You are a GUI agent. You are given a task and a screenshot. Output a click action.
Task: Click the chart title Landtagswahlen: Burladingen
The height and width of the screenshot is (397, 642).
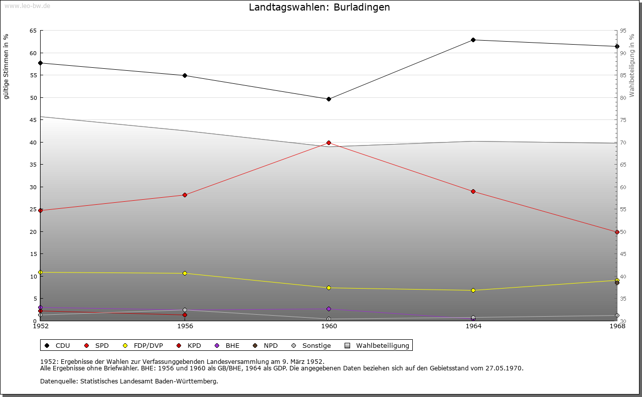pyautogui.click(x=319, y=8)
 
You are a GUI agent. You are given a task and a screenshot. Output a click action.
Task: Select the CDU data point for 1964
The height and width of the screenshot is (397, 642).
pyautogui.click(x=473, y=40)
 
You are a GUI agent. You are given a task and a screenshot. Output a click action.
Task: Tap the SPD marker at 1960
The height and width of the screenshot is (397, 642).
pyautogui.click(x=329, y=143)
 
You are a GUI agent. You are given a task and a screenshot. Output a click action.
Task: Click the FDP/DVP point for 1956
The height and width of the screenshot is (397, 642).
pyautogui.click(x=185, y=274)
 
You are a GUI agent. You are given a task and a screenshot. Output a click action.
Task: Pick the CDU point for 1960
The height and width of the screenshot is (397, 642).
pyautogui.click(x=329, y=99)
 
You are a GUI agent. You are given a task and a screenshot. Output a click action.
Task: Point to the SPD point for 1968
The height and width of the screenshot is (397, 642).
pyautogui.click(x=617, y=232)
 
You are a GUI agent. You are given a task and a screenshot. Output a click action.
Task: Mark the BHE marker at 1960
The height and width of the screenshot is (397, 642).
pyautogui.click(x=329, y=309)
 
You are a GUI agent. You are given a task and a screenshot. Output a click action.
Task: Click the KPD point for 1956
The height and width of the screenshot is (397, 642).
pyautogui.click(x=185, y=315)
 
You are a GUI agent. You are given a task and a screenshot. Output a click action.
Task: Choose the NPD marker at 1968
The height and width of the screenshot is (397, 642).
pyautogui.click(x=617, y=283)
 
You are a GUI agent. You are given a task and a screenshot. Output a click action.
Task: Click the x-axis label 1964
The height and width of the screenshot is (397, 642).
pyautogui.click(x=473, y=326)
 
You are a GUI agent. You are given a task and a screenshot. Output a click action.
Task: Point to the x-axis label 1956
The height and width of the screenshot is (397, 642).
pyautogui.click(x=185, y=326)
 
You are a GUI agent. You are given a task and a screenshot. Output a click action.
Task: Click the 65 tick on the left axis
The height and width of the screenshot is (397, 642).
pyautogui.click(x=33, y=31)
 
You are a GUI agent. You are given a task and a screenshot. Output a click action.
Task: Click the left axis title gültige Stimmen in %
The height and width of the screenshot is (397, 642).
pyautogui.click(x=7, y=67)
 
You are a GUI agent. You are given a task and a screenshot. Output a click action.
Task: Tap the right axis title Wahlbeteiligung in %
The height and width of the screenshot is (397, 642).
pyautogui.click(x=631, y=65)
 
